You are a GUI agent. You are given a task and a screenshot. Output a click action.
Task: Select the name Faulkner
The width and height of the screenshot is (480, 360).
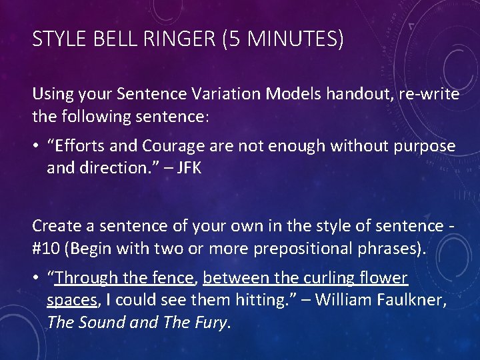pyautogui.click(x=410, y=300)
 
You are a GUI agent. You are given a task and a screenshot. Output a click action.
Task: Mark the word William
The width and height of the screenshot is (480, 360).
pyautogui.click(x=345, y=300)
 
